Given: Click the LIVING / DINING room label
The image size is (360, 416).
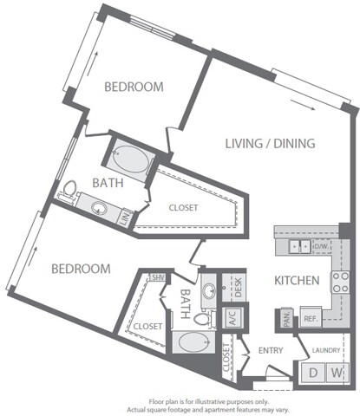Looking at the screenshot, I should tap(269, 143).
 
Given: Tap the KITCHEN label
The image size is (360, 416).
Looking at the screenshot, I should tap(298, 281).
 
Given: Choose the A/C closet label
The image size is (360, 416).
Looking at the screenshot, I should tap(232, 318).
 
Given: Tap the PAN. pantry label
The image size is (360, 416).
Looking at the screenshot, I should tap(284, 320).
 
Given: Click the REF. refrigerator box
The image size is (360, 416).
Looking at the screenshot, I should tap(311, 319).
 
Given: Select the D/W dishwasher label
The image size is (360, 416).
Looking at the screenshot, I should tap(320, 246).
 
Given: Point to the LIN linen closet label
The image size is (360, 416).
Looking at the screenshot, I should tap(125, 218).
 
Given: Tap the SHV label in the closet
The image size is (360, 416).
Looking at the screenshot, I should tap(158, 277).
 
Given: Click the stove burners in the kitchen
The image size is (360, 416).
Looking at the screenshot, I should tap(340, 283).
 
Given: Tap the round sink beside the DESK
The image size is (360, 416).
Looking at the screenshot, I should tap(208, 289).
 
